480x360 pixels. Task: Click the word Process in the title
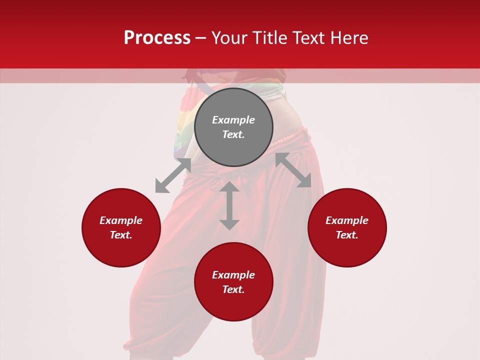[x=157, y=38]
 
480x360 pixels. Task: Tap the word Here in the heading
[x=349, y=38]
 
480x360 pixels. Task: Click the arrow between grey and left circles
[x=173, y=175]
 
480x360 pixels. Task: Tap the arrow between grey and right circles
[x=293, y=170]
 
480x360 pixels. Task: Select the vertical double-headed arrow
[x=229, y=205]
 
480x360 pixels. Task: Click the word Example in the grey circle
[x=233, y=120]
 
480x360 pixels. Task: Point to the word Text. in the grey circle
[x=233, y=134]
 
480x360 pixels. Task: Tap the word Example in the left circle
[x=121, y=220]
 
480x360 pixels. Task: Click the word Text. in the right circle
[x=347, y=235]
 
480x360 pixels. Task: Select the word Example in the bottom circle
[x=233, y=275]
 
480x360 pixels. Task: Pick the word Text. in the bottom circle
[x=233, y=289]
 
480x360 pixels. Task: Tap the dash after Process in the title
[x=201, y=38]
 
